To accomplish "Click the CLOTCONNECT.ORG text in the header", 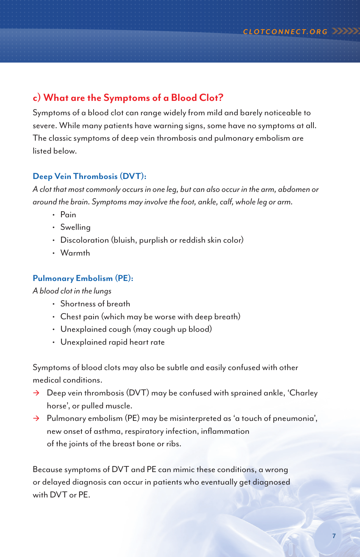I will point(285,32).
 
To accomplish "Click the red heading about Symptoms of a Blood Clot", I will point(128,98).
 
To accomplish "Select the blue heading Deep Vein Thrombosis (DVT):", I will point(89,176).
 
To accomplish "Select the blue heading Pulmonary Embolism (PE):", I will point(83,278).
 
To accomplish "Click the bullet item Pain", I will point(68,215).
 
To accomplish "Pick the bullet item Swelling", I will point(75,228).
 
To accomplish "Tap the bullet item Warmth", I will point(75,253).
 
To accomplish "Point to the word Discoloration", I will point(85,240).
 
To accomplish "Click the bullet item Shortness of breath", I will point(95,304).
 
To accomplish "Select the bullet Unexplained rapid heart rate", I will point(113,342).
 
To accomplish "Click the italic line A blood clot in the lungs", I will point(72,291).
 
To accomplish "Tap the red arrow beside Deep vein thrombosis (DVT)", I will point(36,393).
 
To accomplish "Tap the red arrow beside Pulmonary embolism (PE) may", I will point(36,419).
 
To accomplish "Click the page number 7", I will point(334,536).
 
